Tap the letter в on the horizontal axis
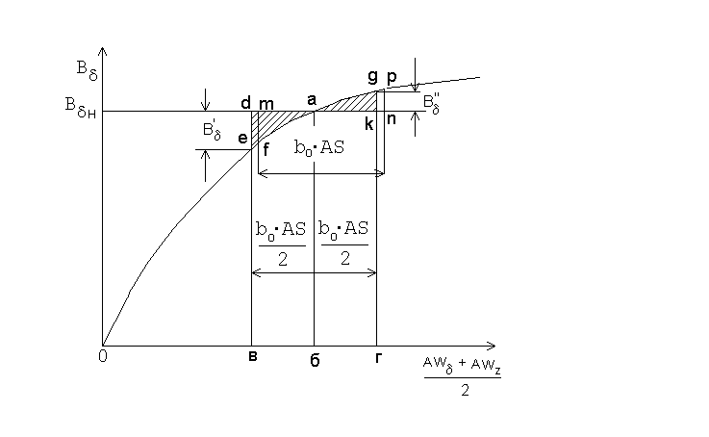click(251, 357)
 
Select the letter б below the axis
click(315, 360)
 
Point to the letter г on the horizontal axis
click(376, 357)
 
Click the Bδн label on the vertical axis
click(73, 112)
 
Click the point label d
click(246, 100)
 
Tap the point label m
click(266, 101)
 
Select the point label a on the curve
click(311, 99)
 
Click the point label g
click(372, 77)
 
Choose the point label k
click(368, 123)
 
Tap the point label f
click(265, 148)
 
